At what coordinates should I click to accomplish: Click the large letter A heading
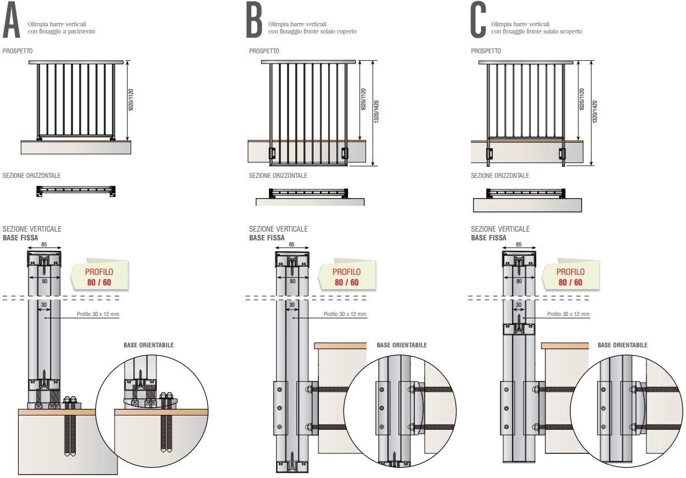(13, 23)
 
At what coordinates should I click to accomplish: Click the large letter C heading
(478, 23)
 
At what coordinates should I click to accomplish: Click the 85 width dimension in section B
(291, 245)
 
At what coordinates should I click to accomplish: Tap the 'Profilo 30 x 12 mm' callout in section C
(569, 314)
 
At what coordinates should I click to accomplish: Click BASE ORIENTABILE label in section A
(149, 345)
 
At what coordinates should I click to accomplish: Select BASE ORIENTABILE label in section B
(402, 345)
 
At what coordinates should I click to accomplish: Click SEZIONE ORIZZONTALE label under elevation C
(500, 176)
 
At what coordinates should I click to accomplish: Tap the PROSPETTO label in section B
(264, 51)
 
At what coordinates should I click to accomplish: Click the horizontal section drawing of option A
(76, 191)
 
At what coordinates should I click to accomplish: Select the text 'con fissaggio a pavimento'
(61, 31)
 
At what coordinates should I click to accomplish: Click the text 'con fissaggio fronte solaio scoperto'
(537, 31)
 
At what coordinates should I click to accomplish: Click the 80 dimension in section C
(519, 280)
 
